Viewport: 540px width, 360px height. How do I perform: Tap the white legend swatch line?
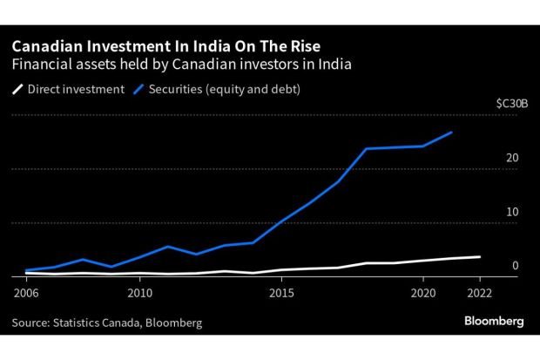(x=18, y=88)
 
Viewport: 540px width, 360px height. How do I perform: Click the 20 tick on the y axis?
(x=512, y=158)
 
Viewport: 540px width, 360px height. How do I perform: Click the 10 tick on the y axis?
(x=512, y=212)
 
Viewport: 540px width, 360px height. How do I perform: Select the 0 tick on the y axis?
(x=516, y=266)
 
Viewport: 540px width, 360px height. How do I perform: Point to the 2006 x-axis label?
(x=26, y=292)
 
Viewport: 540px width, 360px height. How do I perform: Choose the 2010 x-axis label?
(x=139, y=292)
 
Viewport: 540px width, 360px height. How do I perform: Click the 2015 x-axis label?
(x=280, y=292)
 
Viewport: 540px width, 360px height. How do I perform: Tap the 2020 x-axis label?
(x=422, y=292)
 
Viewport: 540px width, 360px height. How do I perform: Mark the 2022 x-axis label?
(x=478, y=292)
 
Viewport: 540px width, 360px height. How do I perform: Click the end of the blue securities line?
(x=451, y=132)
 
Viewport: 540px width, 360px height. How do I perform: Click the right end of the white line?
(x=479, y=257)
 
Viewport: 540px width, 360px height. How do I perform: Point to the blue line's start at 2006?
(x=26, y=270)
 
